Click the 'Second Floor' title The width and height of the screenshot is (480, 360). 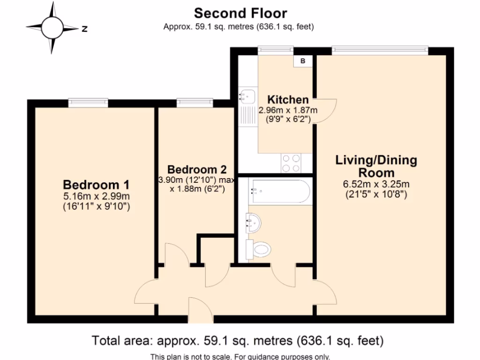[x=240, y=13]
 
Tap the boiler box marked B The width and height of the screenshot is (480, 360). [x=302, y=61]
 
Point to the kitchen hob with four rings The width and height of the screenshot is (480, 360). [x=291, y=163]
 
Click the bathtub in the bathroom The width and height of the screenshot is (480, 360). [x=280, y=191]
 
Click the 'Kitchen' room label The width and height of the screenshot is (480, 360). [x=288, y=99]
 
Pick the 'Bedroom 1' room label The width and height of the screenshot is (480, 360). [x=96, y=184]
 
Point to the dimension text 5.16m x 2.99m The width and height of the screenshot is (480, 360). [x=97, y=195]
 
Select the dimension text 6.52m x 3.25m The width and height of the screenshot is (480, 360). [x=376, y=184]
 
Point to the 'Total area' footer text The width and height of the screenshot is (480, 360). [x=238, y=340]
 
